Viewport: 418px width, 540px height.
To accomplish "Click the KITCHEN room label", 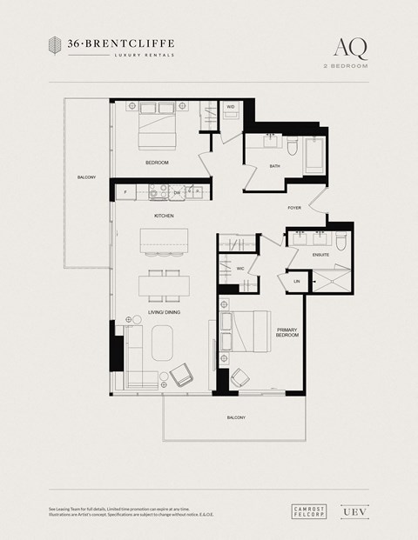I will coord(164,215).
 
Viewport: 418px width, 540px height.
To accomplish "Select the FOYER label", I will coord(295,208).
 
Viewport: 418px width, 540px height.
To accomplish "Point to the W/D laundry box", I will coord(231,108).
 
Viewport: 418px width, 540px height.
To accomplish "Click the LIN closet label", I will coord(297,281).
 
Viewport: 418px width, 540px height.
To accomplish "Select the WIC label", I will coord(239,269).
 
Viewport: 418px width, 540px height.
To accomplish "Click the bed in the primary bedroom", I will coord(250,333).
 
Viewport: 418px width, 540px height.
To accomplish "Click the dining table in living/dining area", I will coord(164,285).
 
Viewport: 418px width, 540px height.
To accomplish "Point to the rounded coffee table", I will coord(163,342).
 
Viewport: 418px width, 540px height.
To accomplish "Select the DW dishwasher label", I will coord(177,192).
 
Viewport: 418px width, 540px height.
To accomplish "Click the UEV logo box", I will coord(350,512).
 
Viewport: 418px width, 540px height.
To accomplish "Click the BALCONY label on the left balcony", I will coord(86,177).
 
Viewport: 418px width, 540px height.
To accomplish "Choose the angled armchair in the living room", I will coord(185,375).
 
